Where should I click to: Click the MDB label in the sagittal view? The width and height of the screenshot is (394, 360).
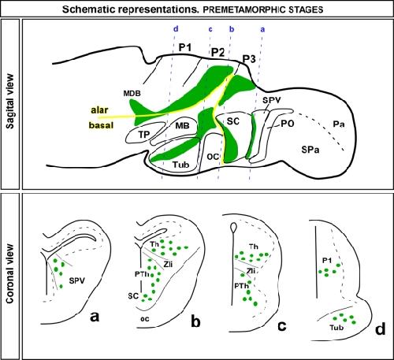[132, 93]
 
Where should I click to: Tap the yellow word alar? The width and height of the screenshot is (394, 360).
[99, 109]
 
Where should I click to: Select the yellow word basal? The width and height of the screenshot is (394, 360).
[101, 125]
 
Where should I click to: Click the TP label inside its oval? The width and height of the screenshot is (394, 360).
[144, 135]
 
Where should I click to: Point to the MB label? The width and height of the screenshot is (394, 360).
[182, 125]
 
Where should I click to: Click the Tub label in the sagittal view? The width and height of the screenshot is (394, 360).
[181, 165]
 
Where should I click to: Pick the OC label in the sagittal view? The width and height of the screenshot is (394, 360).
[213, 157]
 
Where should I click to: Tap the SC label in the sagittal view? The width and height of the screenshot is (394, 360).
[233, 121]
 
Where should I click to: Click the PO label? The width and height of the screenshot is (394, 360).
[288, 124]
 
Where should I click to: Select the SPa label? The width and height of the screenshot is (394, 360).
[310, 150]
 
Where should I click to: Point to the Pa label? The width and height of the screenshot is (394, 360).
[339, 124]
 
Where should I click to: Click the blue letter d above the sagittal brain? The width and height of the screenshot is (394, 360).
[176, 28]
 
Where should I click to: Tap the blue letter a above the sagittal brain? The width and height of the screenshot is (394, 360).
[262, 29]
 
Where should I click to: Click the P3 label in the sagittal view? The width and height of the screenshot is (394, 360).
[249, 59]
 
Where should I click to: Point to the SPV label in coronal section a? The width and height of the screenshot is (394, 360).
[77, 281]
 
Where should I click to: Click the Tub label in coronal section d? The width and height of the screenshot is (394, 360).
[336, 328]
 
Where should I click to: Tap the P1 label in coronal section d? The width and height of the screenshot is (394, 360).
[327, 261]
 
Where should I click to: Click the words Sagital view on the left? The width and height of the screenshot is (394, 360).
[10, 101]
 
